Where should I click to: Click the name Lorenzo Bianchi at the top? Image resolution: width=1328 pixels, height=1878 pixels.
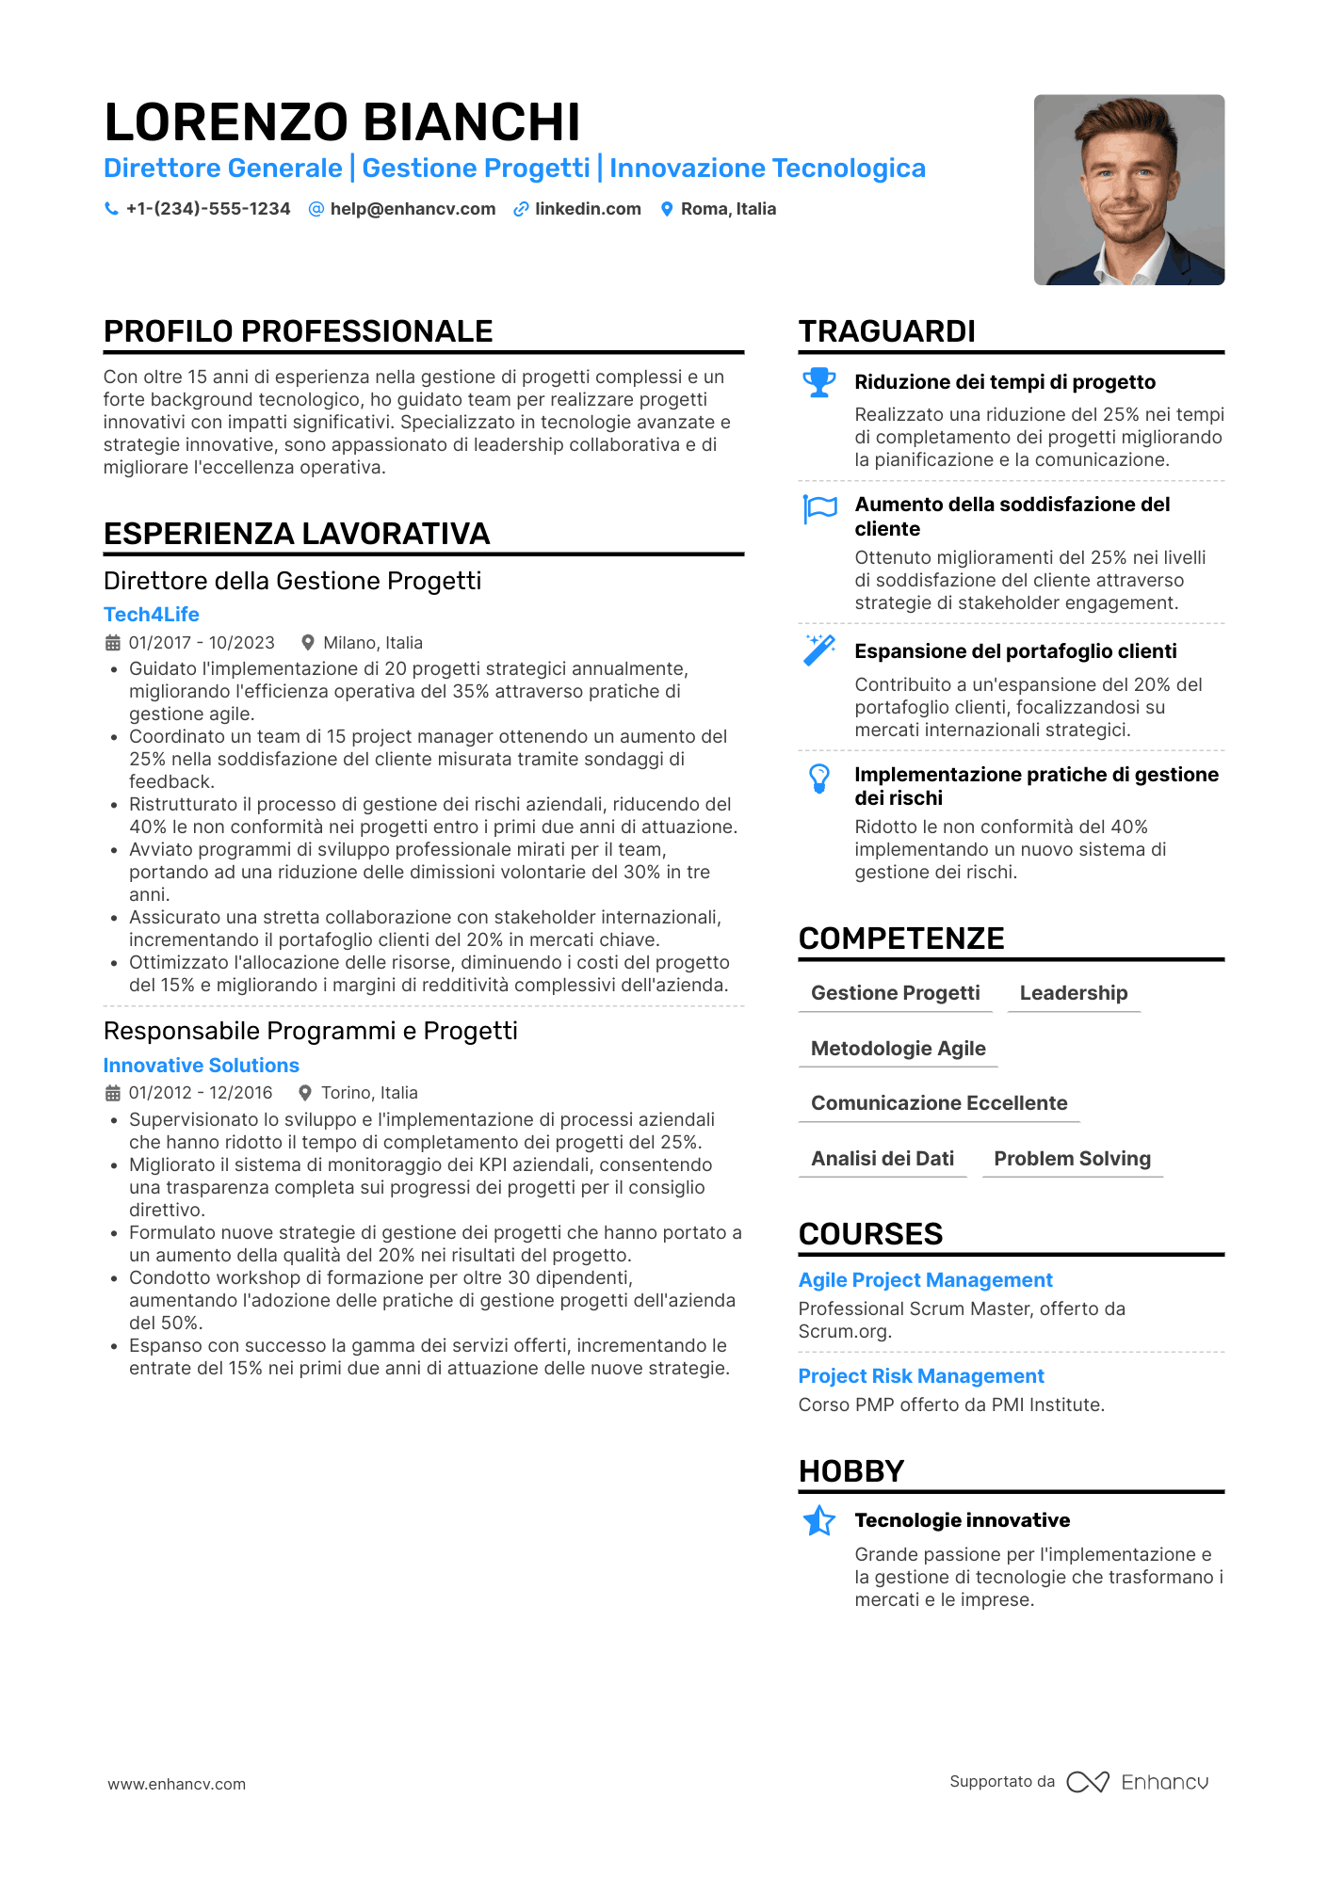342,122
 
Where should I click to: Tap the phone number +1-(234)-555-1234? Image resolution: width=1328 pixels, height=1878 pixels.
208,209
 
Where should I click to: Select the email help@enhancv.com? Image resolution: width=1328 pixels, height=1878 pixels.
413,209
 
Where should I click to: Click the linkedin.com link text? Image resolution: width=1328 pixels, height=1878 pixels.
588,209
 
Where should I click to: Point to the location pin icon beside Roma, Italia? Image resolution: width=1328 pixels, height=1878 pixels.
667,209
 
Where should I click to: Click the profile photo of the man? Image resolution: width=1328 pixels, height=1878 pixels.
1128,189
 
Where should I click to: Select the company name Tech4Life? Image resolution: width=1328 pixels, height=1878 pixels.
152,615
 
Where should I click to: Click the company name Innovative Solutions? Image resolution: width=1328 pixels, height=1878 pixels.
202,1066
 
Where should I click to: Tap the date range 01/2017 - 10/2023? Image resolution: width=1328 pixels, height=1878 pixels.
202,643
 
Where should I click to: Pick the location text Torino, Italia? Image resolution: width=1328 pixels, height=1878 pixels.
369,1093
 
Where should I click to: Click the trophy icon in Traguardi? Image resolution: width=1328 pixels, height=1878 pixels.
819,382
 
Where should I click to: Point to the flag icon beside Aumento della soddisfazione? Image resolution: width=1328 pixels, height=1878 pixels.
819,508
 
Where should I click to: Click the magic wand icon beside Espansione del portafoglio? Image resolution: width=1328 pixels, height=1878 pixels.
819,650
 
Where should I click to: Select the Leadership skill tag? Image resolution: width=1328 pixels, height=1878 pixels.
1073,993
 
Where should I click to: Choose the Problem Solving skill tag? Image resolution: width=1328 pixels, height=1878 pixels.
1072,1159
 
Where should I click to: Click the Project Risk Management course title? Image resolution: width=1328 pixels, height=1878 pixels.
921,1376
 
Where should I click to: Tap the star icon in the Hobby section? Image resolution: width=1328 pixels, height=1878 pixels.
819,1520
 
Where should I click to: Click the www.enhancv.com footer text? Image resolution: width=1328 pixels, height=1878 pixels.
177,1784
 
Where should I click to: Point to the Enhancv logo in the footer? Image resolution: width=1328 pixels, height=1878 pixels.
1137,1782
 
